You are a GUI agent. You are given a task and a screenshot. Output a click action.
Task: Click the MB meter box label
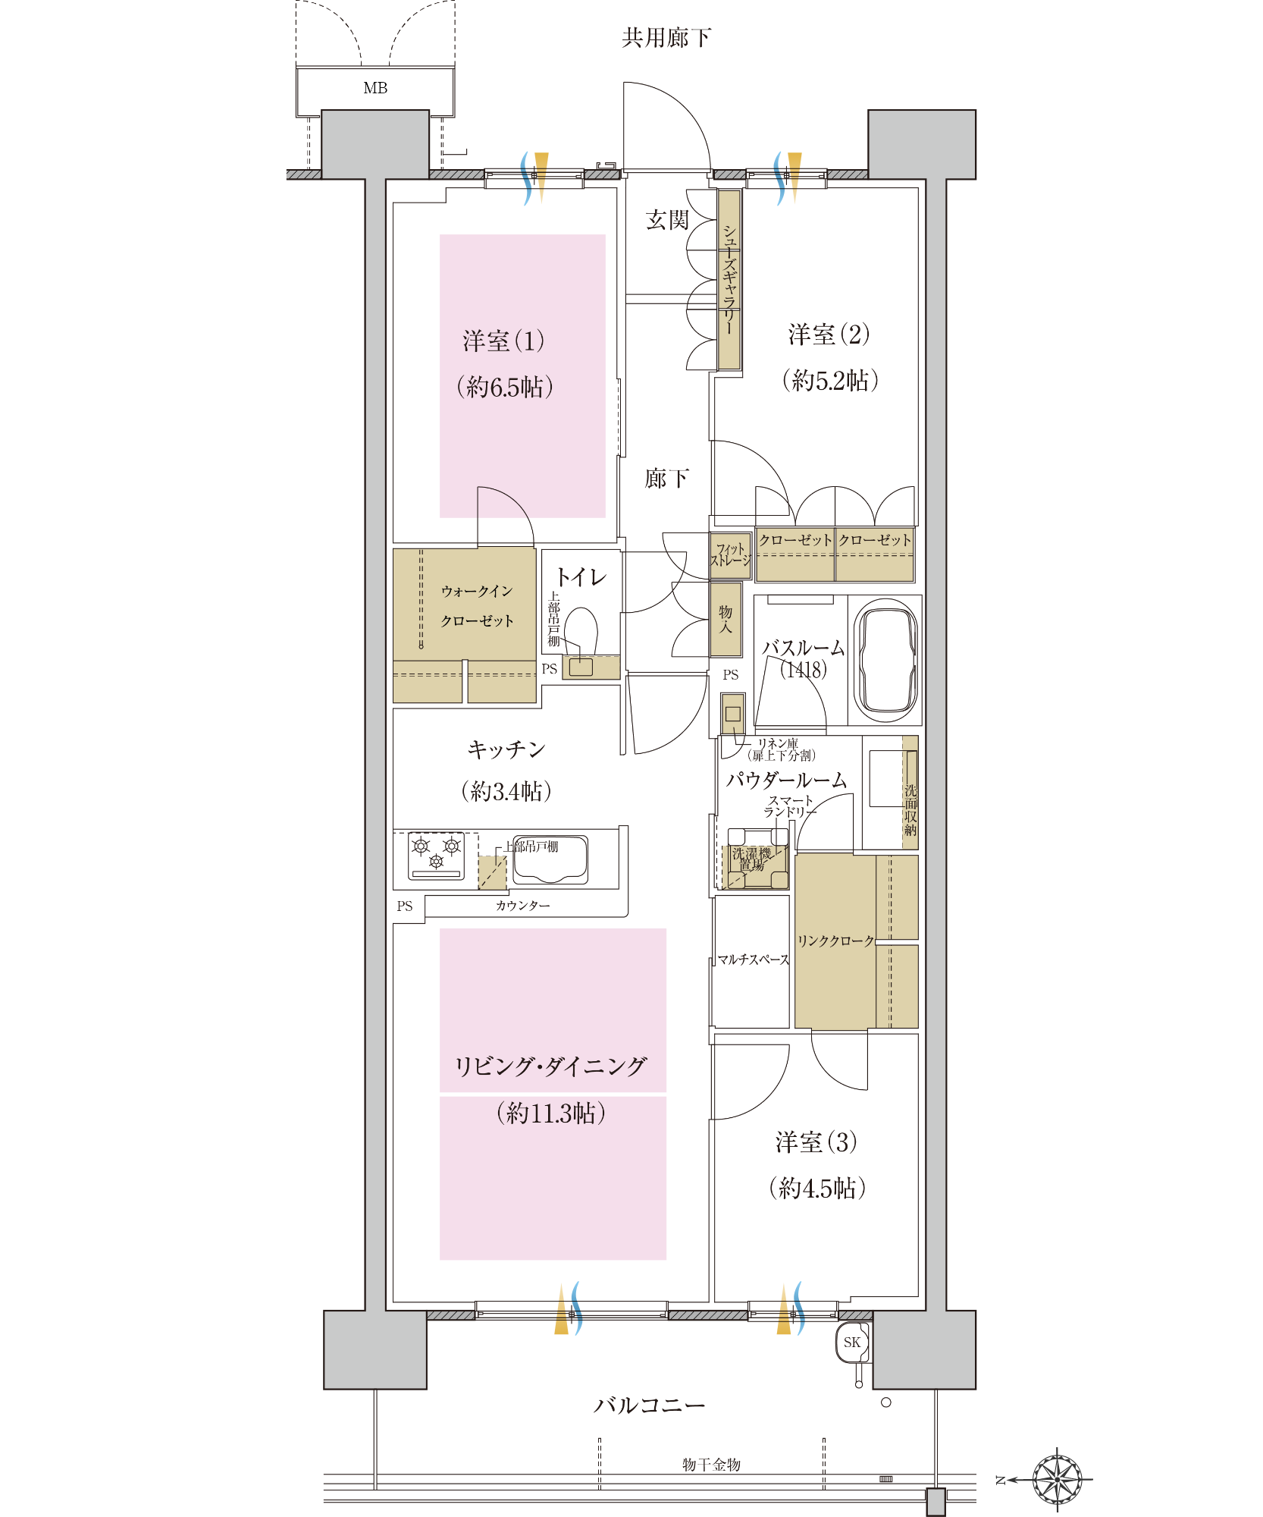375,88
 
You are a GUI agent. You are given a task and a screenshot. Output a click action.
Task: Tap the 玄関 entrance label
667,220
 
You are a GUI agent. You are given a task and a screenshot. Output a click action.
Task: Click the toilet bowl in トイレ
581,630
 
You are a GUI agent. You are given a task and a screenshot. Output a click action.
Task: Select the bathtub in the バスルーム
885,660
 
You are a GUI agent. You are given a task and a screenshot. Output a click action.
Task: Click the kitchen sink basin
550,859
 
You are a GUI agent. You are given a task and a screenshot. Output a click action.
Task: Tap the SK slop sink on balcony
852,1342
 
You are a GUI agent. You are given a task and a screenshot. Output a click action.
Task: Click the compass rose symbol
1058,1479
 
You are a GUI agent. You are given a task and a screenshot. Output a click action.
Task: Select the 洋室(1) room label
503,341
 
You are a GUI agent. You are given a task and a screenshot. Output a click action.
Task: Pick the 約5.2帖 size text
830,380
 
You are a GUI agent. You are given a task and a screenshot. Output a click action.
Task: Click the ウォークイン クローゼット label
477,605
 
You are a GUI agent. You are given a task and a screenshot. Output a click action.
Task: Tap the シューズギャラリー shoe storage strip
729,279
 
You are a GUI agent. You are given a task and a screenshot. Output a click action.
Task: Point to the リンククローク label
835,941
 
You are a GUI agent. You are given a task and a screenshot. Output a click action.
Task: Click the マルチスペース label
754,960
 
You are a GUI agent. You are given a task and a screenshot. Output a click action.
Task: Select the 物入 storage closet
726,619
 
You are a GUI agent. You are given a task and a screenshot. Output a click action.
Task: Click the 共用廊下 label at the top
666,37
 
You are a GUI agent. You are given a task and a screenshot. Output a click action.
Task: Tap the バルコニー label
649,1406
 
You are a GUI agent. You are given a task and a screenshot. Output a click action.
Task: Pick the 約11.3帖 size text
551,1113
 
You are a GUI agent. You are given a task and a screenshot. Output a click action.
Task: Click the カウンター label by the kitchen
523,906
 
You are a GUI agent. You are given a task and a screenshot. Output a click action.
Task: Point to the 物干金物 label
711,1465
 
